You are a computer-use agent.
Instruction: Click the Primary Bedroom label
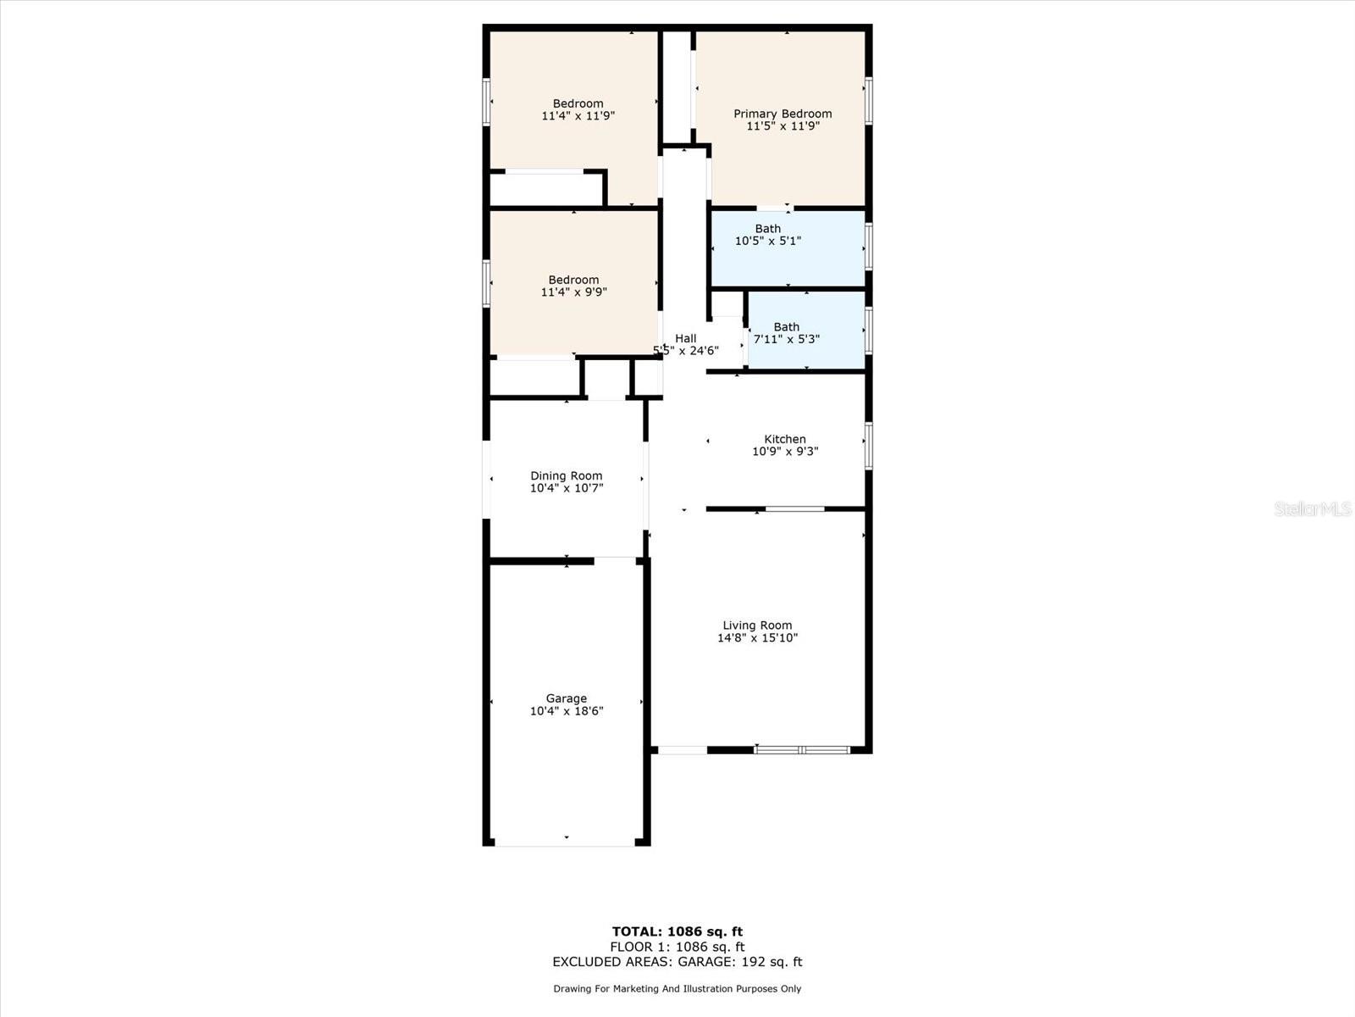click(x=783, y=114)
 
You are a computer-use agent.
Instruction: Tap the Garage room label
click(x=566, y=698)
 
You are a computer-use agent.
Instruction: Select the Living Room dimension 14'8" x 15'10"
click(x=757, y=638)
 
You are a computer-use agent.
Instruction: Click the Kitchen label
click(x=785, y=439)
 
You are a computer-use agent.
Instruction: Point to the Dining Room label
click(x=566, y=475)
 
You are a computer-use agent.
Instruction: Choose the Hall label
click(x=686, y=338)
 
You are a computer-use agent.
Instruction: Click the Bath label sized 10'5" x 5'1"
click(x=768, y=229)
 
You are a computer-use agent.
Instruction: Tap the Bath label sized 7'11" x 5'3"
click(x=786, y=327)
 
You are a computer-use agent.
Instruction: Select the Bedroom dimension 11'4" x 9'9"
click(x=573, y=292)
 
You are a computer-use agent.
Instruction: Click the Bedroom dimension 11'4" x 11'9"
click(x=578, y=116)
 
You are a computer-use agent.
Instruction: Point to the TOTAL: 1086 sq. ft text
click(x=677, y=931)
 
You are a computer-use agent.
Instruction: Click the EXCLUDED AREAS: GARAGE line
click(x=677, y=962)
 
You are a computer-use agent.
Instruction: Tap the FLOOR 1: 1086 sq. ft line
click(x=677, y=947)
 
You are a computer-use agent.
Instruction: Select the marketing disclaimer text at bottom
click(x=677, y=989)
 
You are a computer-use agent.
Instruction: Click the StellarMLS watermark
click(x=1312, y=509)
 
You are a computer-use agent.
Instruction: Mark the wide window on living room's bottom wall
click(x=801, y=750)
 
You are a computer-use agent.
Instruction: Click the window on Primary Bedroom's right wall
click(x=868, y=101)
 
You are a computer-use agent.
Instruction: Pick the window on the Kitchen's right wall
click(x=868, y=446)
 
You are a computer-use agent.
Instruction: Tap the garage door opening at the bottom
click(x=565, y=843)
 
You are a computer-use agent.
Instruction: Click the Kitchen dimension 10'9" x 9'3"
click(x=785, y=452)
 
